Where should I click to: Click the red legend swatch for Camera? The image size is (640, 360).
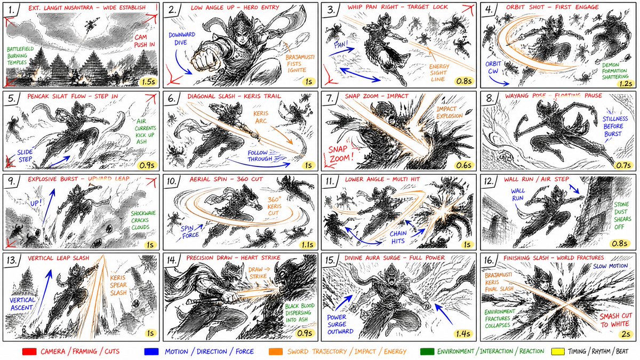coord(29,351)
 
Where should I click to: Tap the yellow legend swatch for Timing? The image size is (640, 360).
coord(557,351)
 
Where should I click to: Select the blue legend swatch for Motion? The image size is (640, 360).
coord(151,351)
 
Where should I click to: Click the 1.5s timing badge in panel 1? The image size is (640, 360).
coord(148,82)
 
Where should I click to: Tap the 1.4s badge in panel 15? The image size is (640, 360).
coord(463,334)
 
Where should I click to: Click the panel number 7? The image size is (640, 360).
coord(330,99)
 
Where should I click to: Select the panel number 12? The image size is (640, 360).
coord(490,181)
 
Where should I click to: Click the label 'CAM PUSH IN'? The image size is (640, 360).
coord(145,41)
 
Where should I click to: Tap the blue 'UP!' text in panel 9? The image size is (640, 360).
coord(36,203)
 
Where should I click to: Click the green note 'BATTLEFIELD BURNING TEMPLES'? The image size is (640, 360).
coord(20,55)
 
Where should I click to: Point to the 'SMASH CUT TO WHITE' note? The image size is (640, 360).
coord(615,320)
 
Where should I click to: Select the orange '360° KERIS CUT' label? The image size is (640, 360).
coord(275,206)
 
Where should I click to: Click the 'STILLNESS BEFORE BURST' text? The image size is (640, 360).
coord(615,126)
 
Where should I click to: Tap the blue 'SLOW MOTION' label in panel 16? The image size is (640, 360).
coord(611,266)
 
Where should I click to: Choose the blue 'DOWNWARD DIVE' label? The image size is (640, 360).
coord(182,38)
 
